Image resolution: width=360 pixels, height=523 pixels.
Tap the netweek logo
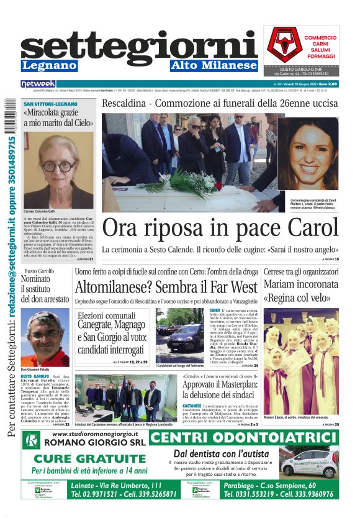[x=38, y=83]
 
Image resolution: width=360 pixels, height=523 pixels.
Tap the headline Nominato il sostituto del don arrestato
[x=44, y=289]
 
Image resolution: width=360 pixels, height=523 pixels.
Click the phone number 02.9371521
[x=91, y=495]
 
